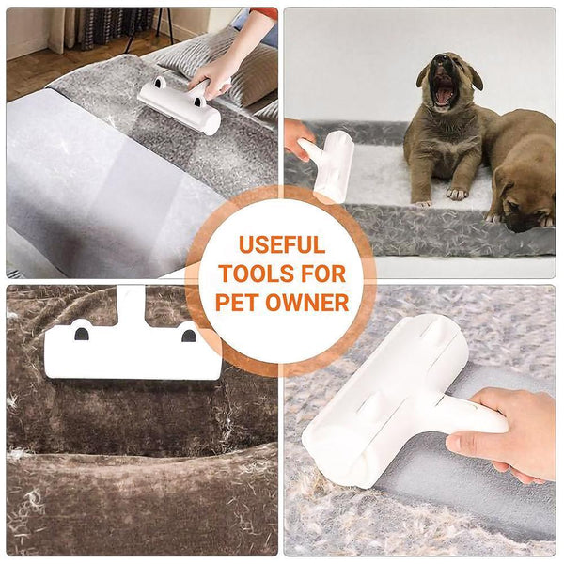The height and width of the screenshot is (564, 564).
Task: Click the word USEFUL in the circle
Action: (x=281, y=246)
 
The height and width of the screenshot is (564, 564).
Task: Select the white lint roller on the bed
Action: (x=180, y=105)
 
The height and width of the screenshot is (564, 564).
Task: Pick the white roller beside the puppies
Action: (x=329, y=164)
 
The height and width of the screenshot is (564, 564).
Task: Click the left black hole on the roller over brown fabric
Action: (x=82, y=333)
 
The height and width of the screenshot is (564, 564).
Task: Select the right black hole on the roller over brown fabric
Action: (x=188, y=334)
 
